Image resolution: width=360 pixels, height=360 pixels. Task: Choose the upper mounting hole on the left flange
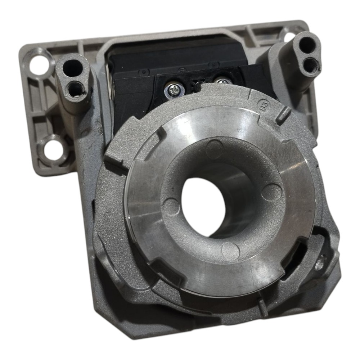point(39,64)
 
